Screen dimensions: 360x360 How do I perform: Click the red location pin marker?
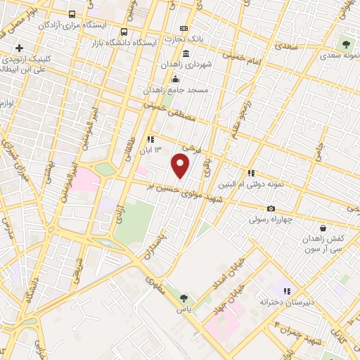(x=181, y=166)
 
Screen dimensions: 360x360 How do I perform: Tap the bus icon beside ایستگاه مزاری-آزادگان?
(x=71, y=14)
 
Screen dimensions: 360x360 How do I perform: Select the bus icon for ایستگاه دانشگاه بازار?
(x=124, y=32)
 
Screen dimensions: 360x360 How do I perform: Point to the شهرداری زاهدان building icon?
(x=185, y=54)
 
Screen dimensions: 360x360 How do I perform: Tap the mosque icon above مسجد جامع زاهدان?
(x=175, y=78)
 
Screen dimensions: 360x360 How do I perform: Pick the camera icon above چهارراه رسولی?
(x=271, y=208)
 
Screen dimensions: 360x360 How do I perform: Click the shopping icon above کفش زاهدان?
(x=323, y=229)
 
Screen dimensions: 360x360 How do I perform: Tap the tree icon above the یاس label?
(x=184, y=298)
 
